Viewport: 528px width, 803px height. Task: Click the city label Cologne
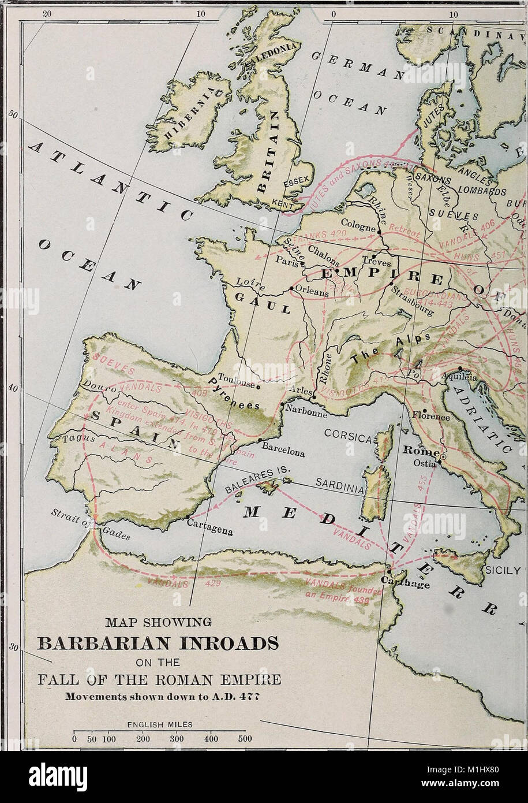357,222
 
